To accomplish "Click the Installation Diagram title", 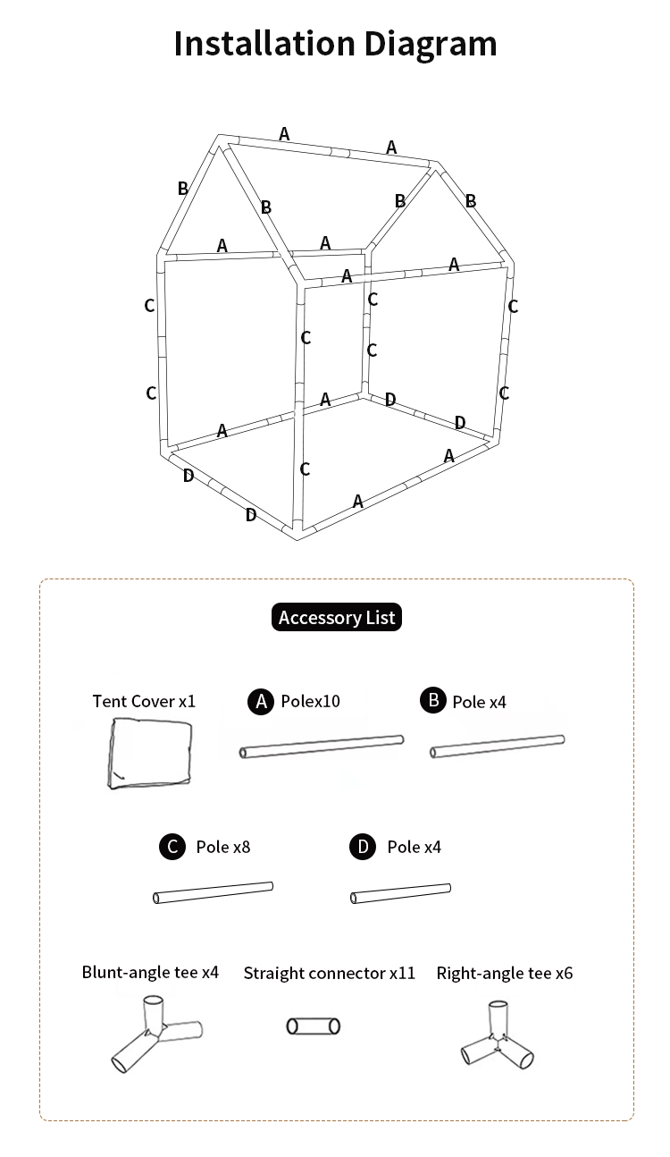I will [335, 44].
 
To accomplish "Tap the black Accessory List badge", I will [336, 617].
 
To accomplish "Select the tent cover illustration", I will [149, 752].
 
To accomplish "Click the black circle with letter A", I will [259, 702].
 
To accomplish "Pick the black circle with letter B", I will [432, 701].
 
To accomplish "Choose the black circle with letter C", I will [172, 847].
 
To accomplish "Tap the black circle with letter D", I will [363, 847].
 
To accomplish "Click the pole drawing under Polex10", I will [322, 747].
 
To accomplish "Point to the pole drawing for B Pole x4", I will [498, 746].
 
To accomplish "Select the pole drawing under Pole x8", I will [214, 892].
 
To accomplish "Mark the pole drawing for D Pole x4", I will [401, 893].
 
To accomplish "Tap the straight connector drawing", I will [314, 1026].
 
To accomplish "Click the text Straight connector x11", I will [330, 973].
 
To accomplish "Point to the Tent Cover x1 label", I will [144, 701].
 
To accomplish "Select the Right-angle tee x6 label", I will [505, 973].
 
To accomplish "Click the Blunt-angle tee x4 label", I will [150, 972].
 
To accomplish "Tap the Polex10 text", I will [310, 701].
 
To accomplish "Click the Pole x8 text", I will [222, 847].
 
